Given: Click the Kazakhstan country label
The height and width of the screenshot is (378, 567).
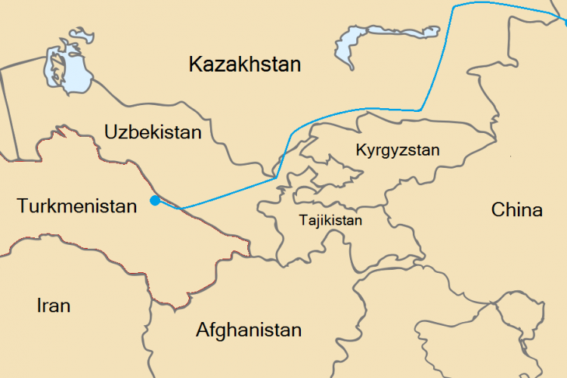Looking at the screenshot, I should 244,64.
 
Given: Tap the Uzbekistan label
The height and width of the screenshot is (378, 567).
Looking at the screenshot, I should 153,132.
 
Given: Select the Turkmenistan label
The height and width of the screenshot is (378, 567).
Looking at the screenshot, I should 76,206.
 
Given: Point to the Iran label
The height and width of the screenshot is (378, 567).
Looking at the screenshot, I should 54,305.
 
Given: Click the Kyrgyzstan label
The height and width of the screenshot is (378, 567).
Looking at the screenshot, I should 397,150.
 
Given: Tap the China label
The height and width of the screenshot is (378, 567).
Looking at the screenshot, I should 516,209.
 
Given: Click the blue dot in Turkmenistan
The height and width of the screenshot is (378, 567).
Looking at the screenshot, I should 154,200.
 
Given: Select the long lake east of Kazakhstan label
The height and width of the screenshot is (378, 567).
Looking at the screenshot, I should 355,44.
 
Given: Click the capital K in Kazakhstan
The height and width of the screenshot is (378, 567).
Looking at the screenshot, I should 195,64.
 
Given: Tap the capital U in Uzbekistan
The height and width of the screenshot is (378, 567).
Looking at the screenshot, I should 111,132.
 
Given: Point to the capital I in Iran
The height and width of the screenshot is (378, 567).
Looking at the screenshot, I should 39,305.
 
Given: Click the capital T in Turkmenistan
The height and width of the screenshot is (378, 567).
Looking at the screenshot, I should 22,206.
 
